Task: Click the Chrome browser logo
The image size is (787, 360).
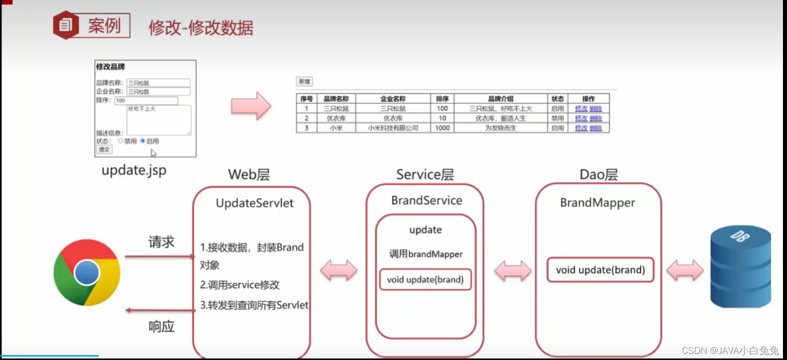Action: tap(87, 273)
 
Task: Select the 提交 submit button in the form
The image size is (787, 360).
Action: tap(104, 150)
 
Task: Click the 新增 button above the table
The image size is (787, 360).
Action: tap(304, 81)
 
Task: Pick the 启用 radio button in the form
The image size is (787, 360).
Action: tap(143, 141)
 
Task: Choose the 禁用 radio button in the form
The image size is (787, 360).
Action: tap(120, 141)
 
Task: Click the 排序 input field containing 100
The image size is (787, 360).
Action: tap(146, 101)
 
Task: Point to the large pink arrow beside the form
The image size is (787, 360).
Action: tap(251, 106)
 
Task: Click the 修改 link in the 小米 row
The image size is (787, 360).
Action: tap(581, 128)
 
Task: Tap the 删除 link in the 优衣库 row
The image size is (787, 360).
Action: tap(596, 118)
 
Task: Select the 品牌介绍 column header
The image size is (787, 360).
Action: tap(501, 99)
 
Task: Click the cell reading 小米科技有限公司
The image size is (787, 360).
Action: tap(393, 128)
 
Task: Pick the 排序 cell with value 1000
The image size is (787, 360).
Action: tap(442, 128)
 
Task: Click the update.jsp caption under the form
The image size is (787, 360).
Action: tap(134, 170)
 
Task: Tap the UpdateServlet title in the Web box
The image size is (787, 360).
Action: tap(254, 203)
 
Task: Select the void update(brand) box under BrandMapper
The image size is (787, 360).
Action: tap(600, 270)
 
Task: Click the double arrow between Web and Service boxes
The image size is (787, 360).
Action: tap(339, 270)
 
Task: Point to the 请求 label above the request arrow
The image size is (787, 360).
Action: tap(161, 242)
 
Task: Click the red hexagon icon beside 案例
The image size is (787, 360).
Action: tap(66, 25)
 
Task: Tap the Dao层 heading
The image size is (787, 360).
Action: tap(598, 175)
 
